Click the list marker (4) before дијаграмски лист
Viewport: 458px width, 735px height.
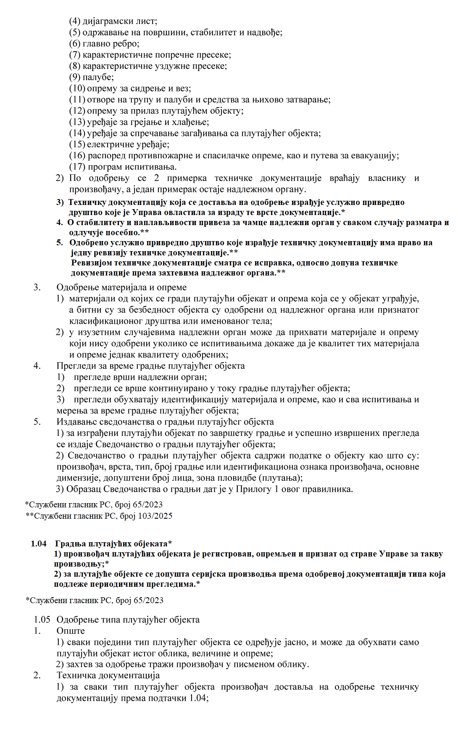(x=75, y=21)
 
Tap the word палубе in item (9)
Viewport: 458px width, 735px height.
(x=98, y=77)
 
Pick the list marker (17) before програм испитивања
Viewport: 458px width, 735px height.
(x=77, y=167)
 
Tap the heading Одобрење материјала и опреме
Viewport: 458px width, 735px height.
(x=121, y=287)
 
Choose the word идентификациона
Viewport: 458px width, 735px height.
(x=294, y=467)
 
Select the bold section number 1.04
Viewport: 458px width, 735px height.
(x=39, y=544)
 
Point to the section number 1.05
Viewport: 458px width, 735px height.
(x=42, y=619)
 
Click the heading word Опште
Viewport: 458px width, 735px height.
(x=71, y=631)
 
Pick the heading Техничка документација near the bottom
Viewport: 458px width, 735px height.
(x=108, y=675)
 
